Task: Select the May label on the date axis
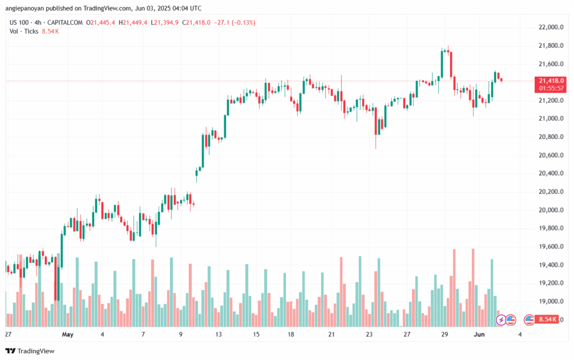pyautogui.click(x=68, y=335)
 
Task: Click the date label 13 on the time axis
pyautogui.click(x=219, y=335)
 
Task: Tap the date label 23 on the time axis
pyautogui.click(x=369, y=335)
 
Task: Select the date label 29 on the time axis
pyautogui.click(x=445, y=335)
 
